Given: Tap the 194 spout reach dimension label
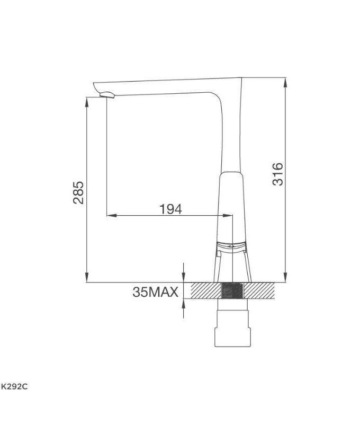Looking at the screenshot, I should coord(170,209).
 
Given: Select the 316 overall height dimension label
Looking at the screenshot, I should coord(277,174).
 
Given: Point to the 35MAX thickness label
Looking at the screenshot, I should coord(156,291).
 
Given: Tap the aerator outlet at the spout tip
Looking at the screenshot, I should coord(107,95).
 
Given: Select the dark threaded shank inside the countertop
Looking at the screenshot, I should coord(232,291).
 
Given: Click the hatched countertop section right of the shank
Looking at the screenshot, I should coord(259,291).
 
